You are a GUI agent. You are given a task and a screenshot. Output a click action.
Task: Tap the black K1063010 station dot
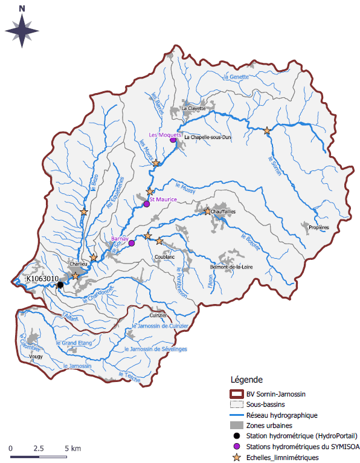tap(60, 285)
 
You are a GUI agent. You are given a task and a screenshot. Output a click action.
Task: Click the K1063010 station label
tap(42, 279)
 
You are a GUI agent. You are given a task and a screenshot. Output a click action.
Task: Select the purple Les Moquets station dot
tap(173, 140)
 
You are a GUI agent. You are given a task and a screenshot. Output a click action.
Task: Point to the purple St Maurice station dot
tap(146, 204)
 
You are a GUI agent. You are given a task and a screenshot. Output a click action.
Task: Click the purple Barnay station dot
tap(131, 244)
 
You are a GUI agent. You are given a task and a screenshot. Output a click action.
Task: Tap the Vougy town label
tap(36, 357)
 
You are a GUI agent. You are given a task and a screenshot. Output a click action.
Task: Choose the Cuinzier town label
tap(158, 316)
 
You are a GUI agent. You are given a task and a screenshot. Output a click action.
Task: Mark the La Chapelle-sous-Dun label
tap(207, 137)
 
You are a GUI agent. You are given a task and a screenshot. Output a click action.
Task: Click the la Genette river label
tap(236, 77)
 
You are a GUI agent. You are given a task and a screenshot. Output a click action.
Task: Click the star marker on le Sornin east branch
tap(266, 131)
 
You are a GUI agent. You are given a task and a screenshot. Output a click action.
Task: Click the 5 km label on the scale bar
tap(72, 449)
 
